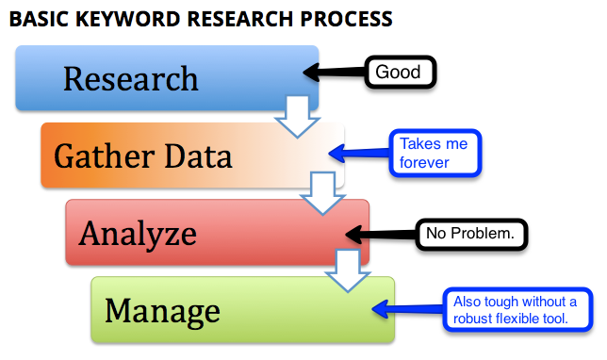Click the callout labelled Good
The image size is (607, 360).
click(398, 72)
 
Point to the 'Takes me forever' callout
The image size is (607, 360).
click(435, 154)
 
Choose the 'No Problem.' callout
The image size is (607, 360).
click(471, 231)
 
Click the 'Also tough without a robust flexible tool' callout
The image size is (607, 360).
click(519, 309)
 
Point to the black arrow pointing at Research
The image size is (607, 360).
click(335, 72)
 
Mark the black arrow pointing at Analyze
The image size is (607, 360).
click(382, 232)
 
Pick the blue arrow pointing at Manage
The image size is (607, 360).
click(408, 307)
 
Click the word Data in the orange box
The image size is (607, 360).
click(196, 155)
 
